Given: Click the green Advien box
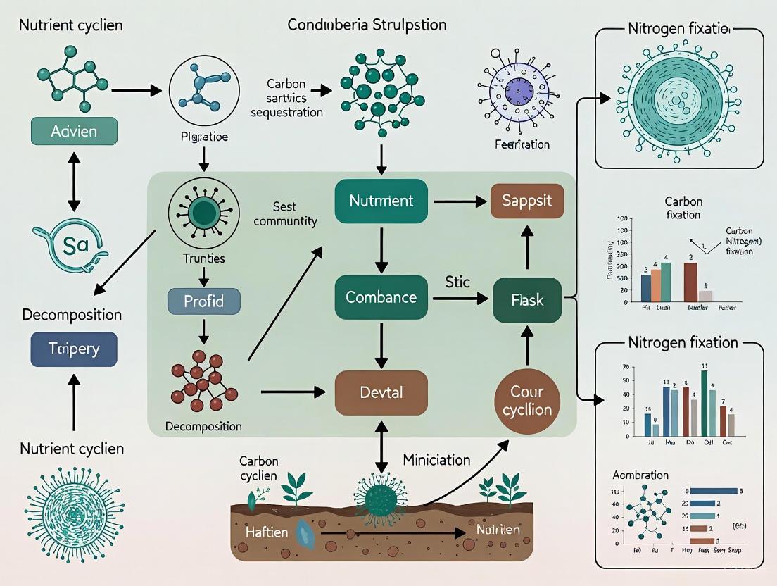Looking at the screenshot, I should (74, 132).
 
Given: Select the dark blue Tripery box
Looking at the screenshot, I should (74, 349).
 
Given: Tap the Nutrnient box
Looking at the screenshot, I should (381, 201).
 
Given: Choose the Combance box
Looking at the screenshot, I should (381, 298).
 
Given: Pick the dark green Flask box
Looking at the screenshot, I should (528, 299).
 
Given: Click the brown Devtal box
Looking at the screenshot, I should (381, 392).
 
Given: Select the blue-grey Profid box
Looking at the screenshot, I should (204, 301).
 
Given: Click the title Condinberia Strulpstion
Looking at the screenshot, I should (367, 25).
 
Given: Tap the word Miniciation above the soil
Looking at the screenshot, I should (436, 460).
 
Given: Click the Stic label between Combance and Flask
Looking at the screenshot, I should (457, 282).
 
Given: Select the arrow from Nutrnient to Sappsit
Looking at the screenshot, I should (462, 202).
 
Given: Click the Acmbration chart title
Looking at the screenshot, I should (640, 475).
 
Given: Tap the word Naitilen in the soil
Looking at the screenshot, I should (497, 530).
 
